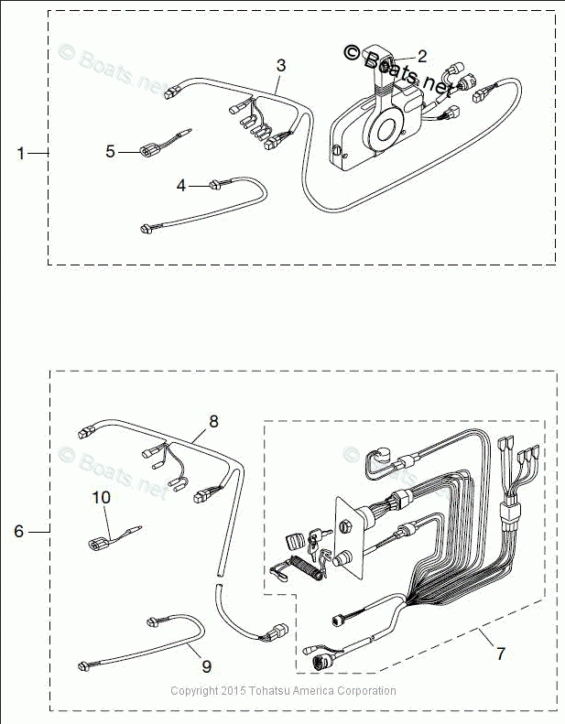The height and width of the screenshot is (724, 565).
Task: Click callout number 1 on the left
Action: (21, 154)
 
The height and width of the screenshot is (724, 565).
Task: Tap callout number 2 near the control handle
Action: (422, 56)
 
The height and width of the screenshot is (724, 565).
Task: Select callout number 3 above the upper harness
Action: (281, 65)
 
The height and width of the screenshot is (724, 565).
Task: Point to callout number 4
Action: (181, 186)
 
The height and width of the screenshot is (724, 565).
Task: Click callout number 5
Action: (110, 152)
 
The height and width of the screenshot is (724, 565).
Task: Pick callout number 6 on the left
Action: (21, 531)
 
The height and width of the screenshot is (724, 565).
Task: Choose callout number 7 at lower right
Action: (500, 654)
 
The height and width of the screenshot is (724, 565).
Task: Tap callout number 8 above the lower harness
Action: (213, 422)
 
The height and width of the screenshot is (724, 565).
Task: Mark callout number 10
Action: (101, 497)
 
